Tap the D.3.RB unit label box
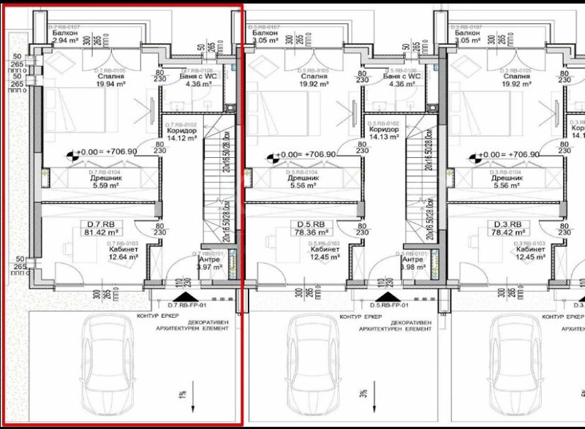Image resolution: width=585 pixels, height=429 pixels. coord(505,224)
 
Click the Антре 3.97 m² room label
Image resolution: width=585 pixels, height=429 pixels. coord(207,262)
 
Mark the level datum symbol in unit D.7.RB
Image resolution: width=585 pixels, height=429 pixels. coord(73,155)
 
